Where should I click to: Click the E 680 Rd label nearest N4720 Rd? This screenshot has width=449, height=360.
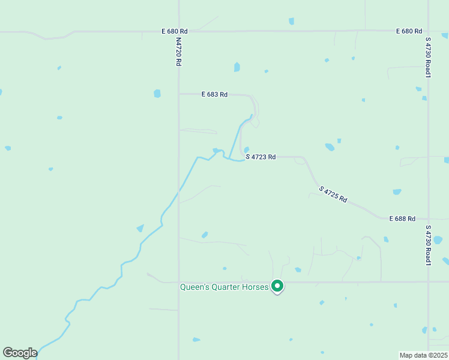[175, 31]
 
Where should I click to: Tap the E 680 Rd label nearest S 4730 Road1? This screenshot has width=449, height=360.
[409, 31]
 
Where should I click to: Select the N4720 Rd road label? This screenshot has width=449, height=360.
[179, 52]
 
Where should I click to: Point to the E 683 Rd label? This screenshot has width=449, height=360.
[214, 94]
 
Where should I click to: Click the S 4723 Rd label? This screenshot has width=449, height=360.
[261, 157]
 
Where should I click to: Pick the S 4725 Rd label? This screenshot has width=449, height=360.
[333, 194]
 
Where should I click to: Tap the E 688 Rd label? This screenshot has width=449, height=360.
[402, 218]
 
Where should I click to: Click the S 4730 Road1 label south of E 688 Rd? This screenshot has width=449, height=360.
[429, 246]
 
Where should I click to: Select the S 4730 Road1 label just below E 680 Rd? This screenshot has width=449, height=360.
[429, 58]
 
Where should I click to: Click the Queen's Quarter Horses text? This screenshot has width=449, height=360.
[224, 287]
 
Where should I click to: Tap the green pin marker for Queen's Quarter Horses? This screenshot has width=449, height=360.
[277, 286]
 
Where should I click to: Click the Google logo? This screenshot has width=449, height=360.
[20, 353]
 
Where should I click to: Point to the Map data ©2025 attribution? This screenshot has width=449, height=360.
[423, 355]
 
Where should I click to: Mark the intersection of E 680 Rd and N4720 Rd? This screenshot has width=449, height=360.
[179, 31]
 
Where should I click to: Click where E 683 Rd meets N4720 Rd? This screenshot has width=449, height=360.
[179, 94]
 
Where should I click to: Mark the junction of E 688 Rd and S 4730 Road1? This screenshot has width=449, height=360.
[429, 219]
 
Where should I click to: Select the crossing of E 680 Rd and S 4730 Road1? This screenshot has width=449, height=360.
[429, 30]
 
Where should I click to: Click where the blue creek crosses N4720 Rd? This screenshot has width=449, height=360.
[179, 191]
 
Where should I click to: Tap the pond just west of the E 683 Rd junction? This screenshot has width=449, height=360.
[157, 94]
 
